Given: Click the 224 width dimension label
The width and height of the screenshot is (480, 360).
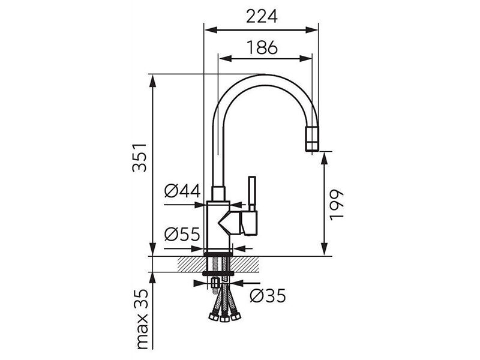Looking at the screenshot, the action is tap(262, 17).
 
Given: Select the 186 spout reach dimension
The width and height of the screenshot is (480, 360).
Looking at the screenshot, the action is tap(262, 47).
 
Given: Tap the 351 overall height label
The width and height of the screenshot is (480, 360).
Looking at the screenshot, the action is tap(140, 158).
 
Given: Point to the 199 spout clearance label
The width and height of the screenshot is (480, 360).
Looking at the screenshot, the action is tap(337, 205).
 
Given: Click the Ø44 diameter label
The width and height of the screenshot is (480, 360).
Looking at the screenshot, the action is tap(182, 191).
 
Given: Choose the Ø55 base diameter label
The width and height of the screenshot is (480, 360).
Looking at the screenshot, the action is tap(182, 235).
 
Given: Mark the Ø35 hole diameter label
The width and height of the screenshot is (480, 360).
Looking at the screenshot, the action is tap(268, 296).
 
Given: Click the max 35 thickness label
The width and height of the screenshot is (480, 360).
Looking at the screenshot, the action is tap(142, 319).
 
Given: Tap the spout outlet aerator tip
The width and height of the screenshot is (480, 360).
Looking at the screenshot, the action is tap(312, 139).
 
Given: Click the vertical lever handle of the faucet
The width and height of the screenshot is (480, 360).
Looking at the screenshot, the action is tap(252, 193).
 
